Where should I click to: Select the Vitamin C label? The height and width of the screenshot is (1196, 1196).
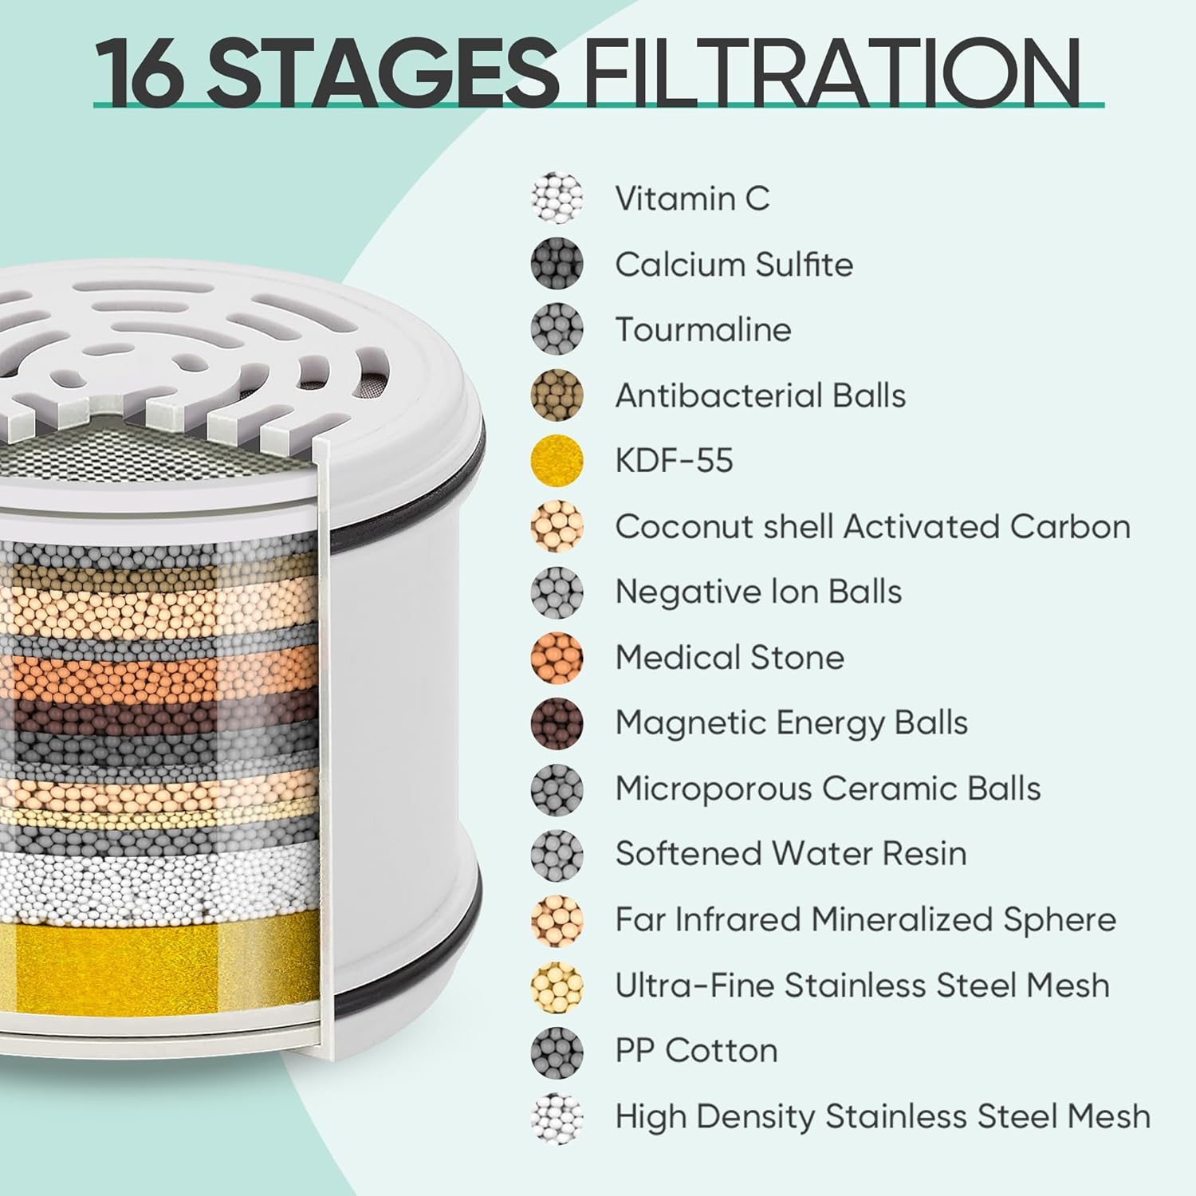692,199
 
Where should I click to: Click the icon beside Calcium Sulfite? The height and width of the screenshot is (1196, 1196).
557,263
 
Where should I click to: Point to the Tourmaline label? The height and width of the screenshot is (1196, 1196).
703,329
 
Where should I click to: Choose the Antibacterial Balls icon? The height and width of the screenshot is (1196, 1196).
557,395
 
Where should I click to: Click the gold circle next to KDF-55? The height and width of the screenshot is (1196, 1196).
557,460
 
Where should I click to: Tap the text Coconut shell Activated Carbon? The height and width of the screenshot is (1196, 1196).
872,526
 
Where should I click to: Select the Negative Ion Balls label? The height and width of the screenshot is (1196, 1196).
758,592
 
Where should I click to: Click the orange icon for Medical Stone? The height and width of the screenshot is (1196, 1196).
557,657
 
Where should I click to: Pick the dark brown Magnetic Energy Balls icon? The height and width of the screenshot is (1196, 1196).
557,722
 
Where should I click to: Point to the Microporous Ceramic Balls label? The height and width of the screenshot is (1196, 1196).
828,789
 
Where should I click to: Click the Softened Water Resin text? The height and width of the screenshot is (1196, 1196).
791,854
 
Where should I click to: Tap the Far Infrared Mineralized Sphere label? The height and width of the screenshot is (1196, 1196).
865,919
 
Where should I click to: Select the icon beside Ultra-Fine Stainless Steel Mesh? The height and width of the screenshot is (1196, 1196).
557,985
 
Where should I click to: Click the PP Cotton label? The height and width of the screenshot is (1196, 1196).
696,1051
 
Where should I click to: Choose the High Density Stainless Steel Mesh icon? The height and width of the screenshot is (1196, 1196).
557,1116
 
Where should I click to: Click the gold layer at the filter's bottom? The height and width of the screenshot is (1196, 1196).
159,961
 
